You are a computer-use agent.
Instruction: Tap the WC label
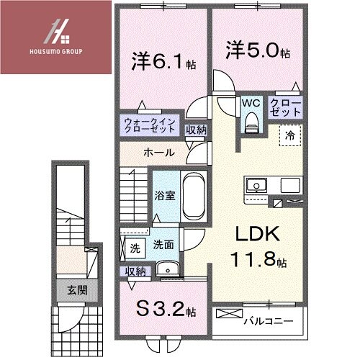(x=249, y=103)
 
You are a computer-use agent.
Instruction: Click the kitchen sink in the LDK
(x=256, y=186)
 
